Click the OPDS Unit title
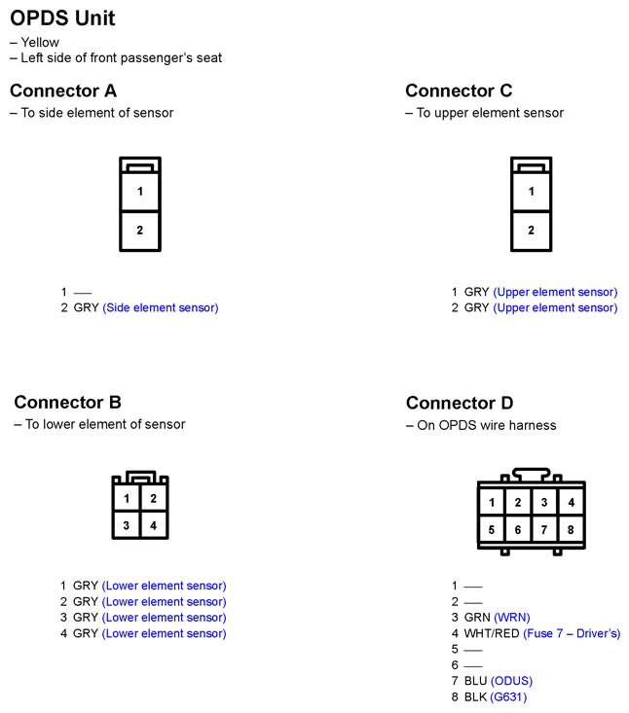pyautogui.click(x=62, y=18)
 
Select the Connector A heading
pyautogui.click(x=63, y=90)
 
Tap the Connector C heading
pyautogui.click(x=459, y=90)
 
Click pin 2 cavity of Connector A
pyautogui.click(x=140, y=231)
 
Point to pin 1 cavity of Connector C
pyautogui.click(x=532, y=192)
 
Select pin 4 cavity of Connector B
pyautogui.click(x=154, y=525)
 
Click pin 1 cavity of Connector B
pyautogui.click(x=127, y=499)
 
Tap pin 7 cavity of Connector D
pyautogui.click(x=544, y=530)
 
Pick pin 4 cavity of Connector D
pyautogui.click(x=571, y=503)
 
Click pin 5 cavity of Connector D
pyautogui.click(x=492, y=530)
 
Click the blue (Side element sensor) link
pyautogui.click(x=161, y=307)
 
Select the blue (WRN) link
pyautogui.click(x=512, y=618)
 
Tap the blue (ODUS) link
pyautogui.click(x=511, y=681)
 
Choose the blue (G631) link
pyautogui.click(x=508, y=696)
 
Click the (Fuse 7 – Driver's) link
pyautogui.click(x=572, y=633)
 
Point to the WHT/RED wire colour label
pyautogui.click(x=492, y=633)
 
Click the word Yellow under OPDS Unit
pyautogui.click(x=40, y=42)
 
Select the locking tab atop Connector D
pyautogui.click(x=532, y=475)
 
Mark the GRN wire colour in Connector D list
pyautogui.click(x=477, y=618)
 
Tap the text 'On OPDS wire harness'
pyautogui.click(x=487, y=425)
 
